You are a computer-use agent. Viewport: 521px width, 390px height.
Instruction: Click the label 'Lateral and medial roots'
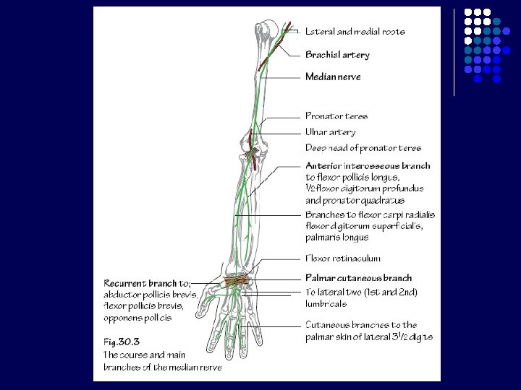click(355, 32)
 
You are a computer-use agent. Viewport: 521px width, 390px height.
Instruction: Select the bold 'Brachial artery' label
click(337, 55)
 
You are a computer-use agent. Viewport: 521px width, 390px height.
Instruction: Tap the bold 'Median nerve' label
click(333, 77)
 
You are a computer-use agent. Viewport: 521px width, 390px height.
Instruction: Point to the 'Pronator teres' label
click(336, 116)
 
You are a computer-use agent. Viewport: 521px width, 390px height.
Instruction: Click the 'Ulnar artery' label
click(331, 132)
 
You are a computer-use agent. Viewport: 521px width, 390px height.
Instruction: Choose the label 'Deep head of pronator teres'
click(363, 148)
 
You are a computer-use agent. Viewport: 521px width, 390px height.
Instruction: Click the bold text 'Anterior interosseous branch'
click(368, 166)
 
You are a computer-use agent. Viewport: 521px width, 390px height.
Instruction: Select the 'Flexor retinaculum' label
click(342, 259)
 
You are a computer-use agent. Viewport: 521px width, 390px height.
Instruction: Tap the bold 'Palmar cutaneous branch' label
click(358, 278)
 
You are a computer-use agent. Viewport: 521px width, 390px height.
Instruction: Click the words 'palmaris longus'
click(336, 237)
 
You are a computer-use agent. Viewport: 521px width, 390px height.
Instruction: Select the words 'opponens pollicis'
click(137, 318)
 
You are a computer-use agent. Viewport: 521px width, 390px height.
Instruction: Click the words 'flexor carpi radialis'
click(393, 214)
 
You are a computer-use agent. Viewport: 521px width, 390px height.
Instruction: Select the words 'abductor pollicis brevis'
click(150, 295)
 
